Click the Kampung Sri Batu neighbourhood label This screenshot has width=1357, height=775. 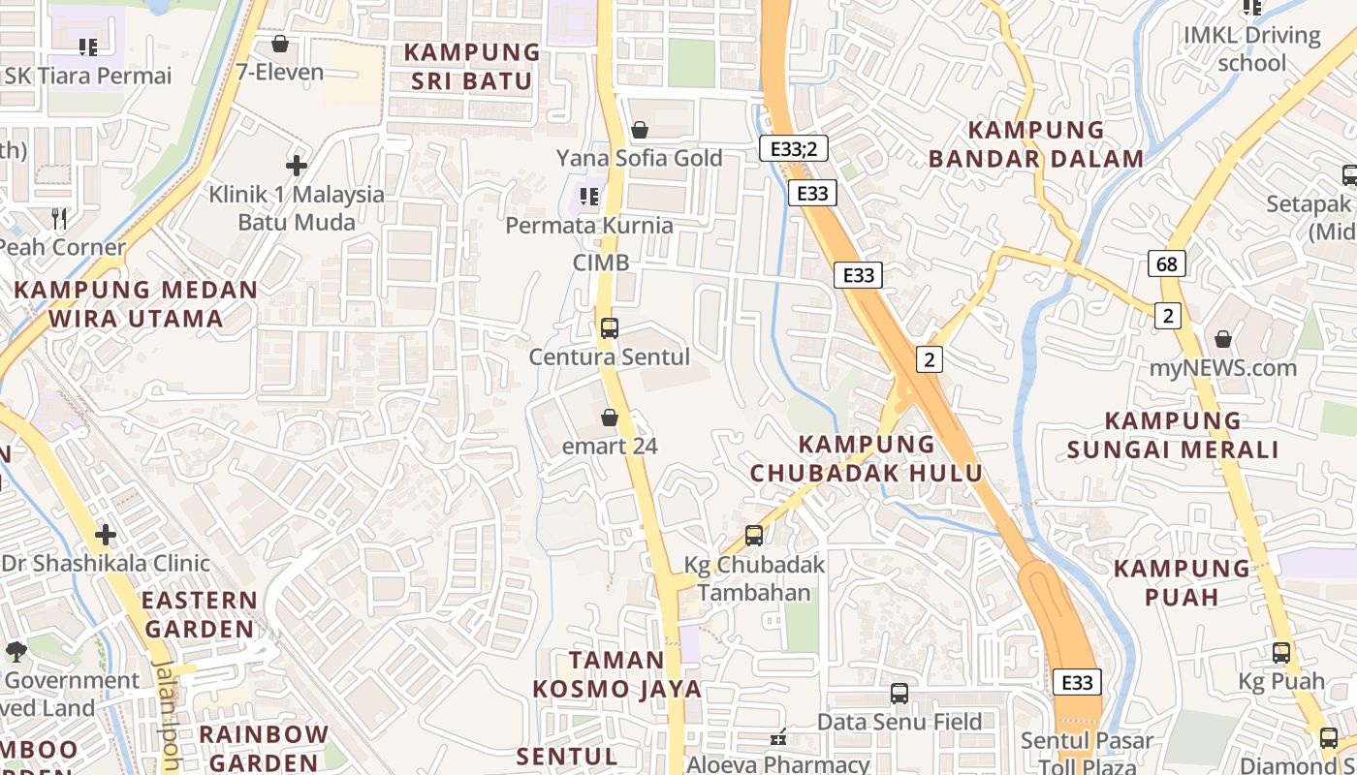[x=472, y=66]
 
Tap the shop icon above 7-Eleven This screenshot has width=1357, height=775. [x=280, y=45]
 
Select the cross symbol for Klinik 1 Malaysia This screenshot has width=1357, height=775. [x=297, y=166]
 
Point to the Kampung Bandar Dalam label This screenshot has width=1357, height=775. [x=1036, y=143]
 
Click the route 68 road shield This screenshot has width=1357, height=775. [x=1167, y=263]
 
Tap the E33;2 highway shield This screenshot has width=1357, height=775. [x=793, y=148]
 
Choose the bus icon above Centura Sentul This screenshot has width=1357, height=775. [x=609, y=327]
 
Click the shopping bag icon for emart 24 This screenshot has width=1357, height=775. [x=610, y=418]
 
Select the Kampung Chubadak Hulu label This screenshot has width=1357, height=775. [x=867, y=458]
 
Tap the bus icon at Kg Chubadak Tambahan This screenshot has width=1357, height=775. [x=754, y=535]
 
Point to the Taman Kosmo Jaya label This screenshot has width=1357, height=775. [x=616, y=674]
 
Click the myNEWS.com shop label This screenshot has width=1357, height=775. [x=1222, y=368]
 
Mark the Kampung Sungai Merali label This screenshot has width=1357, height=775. [x=1173, y=435]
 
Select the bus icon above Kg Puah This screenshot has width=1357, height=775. [x=1281, y=653]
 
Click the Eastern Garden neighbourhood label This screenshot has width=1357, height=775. [x=200, y=614]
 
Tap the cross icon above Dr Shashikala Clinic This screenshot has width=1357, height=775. [x=106, y=535]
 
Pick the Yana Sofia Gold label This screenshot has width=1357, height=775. [x=639, y=158]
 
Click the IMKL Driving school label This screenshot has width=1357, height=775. [x=1251, y=49]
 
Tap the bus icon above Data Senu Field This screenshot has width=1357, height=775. [x=899, y=694]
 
